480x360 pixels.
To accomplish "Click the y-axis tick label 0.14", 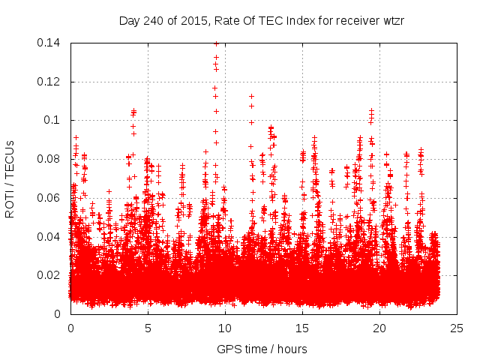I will point(49,43).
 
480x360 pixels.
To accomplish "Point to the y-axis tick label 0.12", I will point(49,82).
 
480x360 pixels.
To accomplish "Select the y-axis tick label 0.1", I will point(52,120).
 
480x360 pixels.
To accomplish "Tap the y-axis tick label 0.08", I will point(49,159).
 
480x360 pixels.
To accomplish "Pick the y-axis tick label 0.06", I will point(49,198).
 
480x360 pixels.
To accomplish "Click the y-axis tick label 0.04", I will point(49,237).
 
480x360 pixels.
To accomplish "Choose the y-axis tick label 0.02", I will point(49,275).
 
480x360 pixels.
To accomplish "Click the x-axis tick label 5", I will point(148,328).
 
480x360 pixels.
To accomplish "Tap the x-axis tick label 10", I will point(225,328).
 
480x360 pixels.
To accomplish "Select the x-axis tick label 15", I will point(302,328).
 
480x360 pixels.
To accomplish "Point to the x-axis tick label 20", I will point(379,328).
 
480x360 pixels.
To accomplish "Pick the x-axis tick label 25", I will point(457,328).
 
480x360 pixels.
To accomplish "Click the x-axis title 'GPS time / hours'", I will point(263,349).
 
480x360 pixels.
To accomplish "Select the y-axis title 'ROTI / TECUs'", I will point(10,178).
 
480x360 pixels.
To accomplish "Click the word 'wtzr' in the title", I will point(393,20).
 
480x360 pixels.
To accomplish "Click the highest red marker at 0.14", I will point(216,43).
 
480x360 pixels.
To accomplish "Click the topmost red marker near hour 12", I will point(251,96).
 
